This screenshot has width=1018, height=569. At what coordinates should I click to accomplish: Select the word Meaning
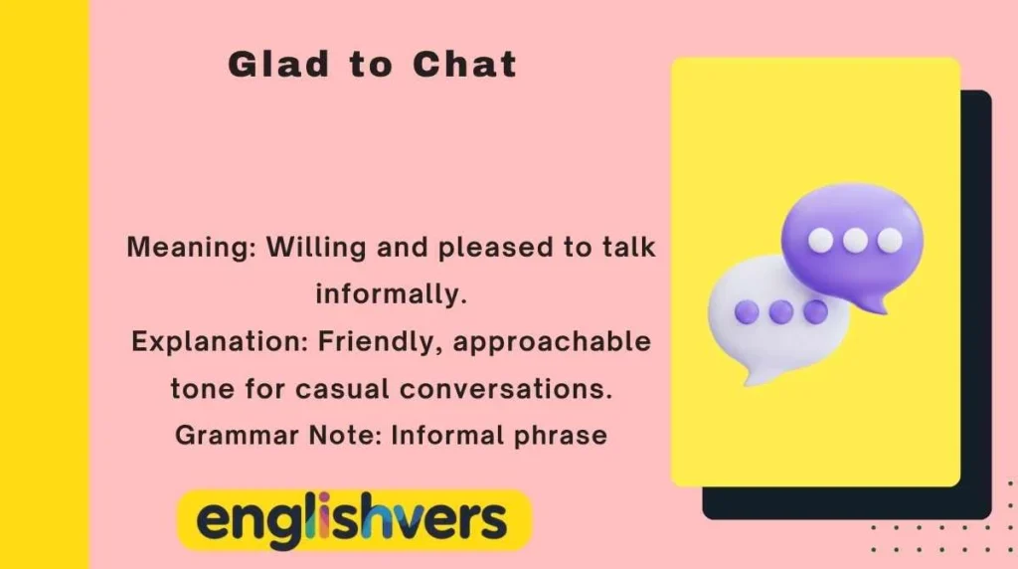pyautogui.click(x=190, y=248)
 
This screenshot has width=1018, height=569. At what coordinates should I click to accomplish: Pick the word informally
pyautogui.click(x=391, y=294)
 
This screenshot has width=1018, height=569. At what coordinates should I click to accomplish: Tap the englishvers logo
pyautogui.click(x=353, y=520)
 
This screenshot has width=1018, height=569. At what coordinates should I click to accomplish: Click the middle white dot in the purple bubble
pyautogui.click(x=854, y=240)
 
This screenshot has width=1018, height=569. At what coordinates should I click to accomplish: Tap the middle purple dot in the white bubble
pyautogui.click(x=781, y=311)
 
